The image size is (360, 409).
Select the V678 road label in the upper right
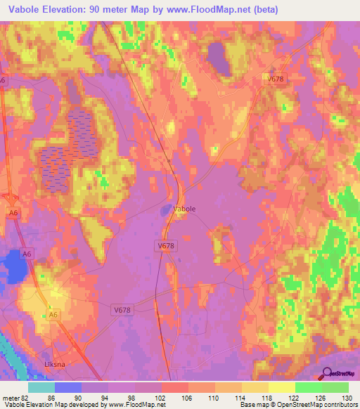276,79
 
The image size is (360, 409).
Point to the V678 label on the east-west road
122,309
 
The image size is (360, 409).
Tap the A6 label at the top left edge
3,81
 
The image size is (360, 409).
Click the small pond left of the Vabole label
165,209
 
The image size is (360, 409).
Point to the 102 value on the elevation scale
162,397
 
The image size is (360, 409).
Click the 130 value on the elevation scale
348,397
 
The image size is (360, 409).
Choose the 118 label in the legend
269,397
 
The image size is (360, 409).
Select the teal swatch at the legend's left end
41,387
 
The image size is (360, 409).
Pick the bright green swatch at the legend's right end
335,387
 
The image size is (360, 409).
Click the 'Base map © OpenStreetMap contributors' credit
297,405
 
